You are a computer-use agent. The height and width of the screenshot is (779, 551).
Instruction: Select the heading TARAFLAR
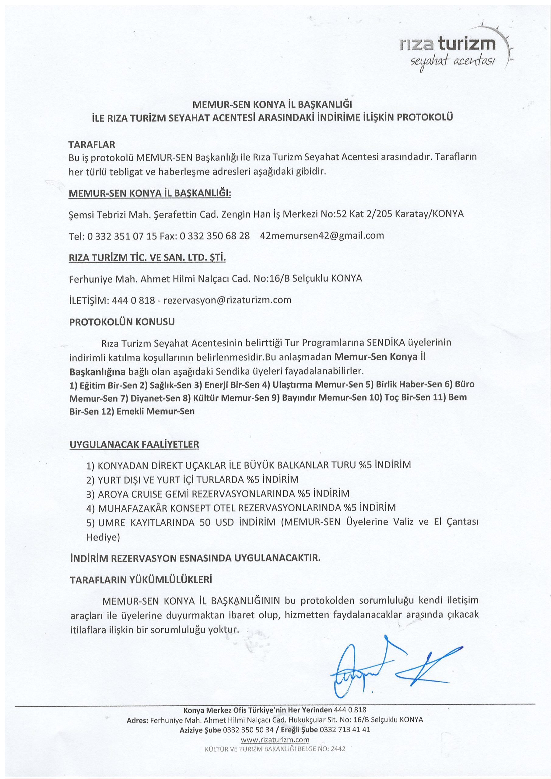92,145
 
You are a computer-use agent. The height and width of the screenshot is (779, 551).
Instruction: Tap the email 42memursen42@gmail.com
321,236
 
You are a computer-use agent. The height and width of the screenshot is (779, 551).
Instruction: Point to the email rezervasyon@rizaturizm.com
227,300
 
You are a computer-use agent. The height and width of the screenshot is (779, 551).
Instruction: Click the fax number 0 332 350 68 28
214,236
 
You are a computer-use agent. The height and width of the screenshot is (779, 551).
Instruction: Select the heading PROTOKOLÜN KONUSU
122,322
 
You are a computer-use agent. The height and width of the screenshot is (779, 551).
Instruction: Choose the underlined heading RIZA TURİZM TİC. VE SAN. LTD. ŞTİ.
147,257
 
